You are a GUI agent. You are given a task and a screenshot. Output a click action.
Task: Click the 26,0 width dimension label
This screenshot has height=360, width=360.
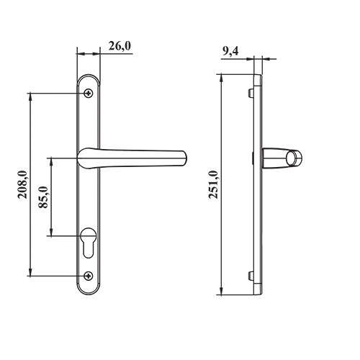[x=120, y=46]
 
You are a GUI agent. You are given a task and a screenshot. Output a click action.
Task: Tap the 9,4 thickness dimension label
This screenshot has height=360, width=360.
[x=230, y=51]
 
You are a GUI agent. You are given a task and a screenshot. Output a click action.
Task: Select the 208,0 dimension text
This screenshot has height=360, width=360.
[x=22, y=184]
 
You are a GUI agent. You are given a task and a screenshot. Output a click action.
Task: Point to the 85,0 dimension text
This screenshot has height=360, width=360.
[x=43, y=197]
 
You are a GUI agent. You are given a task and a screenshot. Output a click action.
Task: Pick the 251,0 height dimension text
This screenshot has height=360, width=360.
[x=213, y=184]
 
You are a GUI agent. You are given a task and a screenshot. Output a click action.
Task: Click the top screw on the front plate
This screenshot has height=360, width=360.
[x=89, y=93]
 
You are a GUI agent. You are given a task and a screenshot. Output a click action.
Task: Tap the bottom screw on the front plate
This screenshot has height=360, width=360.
[x=89, y=276]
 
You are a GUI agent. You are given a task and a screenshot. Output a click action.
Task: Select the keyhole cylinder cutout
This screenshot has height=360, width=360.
[x=89, y=243]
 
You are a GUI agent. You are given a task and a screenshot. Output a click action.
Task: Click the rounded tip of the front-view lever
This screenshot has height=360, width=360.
[x=185, y=158]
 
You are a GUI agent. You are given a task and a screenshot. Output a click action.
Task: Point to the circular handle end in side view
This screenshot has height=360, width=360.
[x=294, y=158]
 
